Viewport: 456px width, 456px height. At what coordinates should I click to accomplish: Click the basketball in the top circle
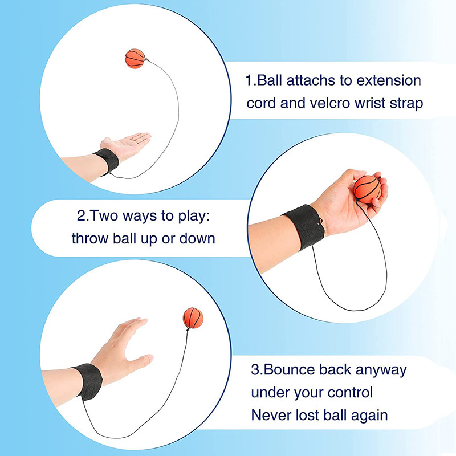point(135,59)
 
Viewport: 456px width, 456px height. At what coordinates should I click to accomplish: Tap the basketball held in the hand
point(367,189)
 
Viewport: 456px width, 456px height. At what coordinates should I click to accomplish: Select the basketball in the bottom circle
point(193,318)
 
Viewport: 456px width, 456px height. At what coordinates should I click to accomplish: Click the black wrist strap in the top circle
point(107,161)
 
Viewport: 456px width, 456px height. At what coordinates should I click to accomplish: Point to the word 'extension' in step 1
point(389,80)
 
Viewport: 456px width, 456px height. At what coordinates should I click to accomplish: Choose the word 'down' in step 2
point(197,238)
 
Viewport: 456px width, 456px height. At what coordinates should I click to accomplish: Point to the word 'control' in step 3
point(350,392)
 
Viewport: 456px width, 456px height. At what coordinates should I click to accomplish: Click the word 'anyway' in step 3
point(381,370)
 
